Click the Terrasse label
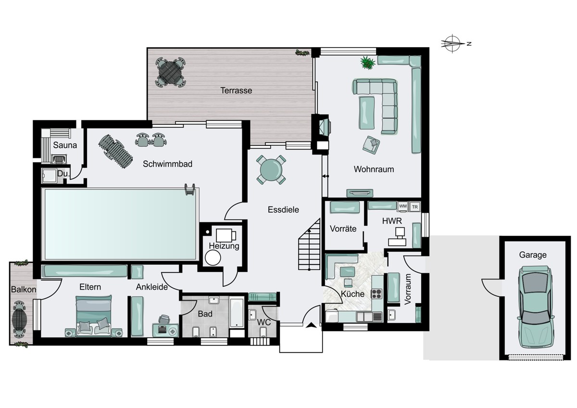(x=236, y=90)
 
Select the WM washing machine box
(x=402, y=206)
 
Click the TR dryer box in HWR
(x=414, y=207)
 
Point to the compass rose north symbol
(x=452, y=44)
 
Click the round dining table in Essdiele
(x=271, y=170)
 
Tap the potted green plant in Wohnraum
(x=367, y=63)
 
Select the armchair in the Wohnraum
(x=371, y=145)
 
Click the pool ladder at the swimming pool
(x=190, y=189)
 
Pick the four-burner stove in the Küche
(x=376, y=294)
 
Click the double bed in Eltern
(x=94, y=316)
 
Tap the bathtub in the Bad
(x=237, y=313)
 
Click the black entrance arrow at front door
(x=312, y=325)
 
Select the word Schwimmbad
(x=167, y=164)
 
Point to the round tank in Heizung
(x=213, y=258)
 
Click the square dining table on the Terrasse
(x=170, y=72)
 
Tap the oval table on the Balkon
(x=19, y=319)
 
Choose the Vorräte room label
(x=343, y=229)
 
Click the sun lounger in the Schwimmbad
(x=115, y=151)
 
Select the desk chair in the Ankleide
(x=164, y=319)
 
